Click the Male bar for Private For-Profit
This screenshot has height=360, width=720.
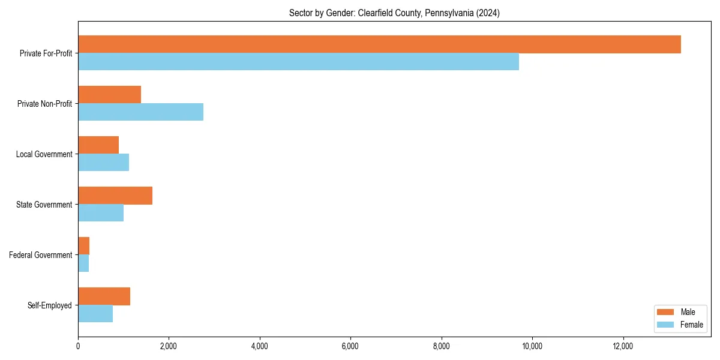[x=379, y=44]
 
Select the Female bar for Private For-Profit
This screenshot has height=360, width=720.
[x=298, y=62]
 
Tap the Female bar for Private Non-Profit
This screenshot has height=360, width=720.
[x=140, y=112]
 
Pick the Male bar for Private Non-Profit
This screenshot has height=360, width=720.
[x=109, y=95]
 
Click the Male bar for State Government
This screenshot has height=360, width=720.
[x=115, y=196]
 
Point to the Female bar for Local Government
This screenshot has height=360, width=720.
[x=103, y=163]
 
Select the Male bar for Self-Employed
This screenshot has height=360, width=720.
[x=104, y=296]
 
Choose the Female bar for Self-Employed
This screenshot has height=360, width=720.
[x=95, y=314]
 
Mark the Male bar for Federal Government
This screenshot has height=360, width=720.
[x=83, y=246]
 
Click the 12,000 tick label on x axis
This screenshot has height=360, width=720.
[x=623, y=346]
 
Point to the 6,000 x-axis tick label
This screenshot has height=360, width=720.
[x=350, y=346]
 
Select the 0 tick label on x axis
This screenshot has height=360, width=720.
[x=78, y=346]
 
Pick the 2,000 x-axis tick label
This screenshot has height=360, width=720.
[x=169, y=346]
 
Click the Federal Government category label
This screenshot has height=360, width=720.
[x=40, y=255]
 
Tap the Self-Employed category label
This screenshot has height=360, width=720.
[x=49, y=305]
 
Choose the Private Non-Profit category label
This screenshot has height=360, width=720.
[x=44, y=104]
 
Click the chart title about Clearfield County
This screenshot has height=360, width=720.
[x=394, y=13]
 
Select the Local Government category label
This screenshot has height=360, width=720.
[x=44, y=154]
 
